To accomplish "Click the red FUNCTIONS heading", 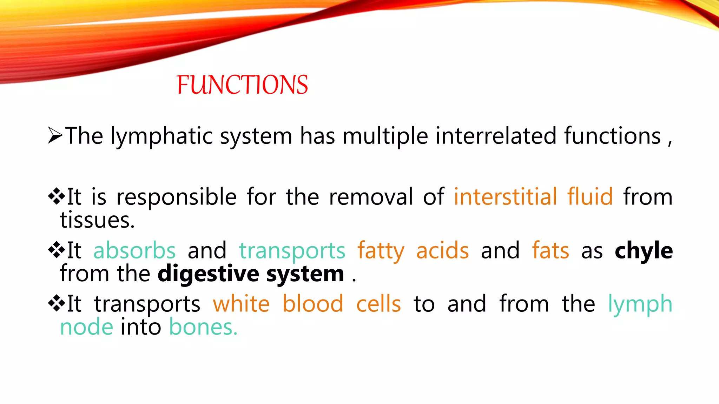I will point(242,85).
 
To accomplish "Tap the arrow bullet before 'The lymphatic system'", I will point(55,136).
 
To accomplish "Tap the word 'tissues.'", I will point(97,220).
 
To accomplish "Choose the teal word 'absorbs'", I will point(134,251).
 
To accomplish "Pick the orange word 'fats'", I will point(550,251).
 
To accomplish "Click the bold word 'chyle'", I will point(644,251).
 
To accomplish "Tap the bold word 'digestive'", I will point(208,274).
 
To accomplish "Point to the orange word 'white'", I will point(241,304).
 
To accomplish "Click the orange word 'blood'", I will point(313,304).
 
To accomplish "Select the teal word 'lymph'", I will point(640,304).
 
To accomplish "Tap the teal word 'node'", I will point(86,327).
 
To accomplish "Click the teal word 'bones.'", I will point(203,327).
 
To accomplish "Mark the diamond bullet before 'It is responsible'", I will point(57,196).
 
